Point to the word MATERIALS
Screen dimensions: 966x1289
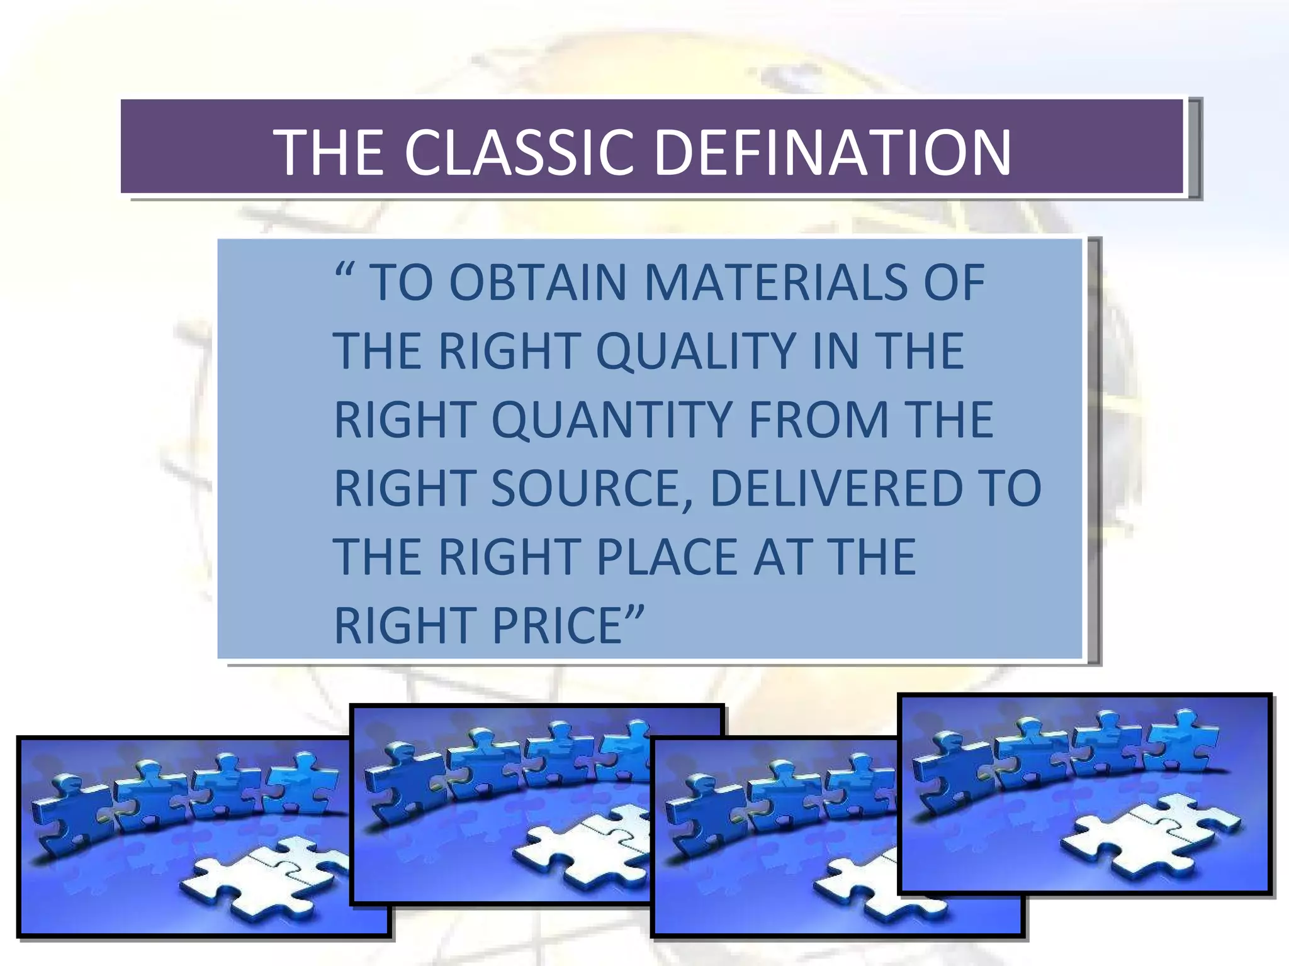[x=775, y=282]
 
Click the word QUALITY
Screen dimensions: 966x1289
[x=695, y=351]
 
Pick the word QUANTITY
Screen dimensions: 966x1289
[x=611, y=419]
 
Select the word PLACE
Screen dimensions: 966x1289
[x=667, y=557]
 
